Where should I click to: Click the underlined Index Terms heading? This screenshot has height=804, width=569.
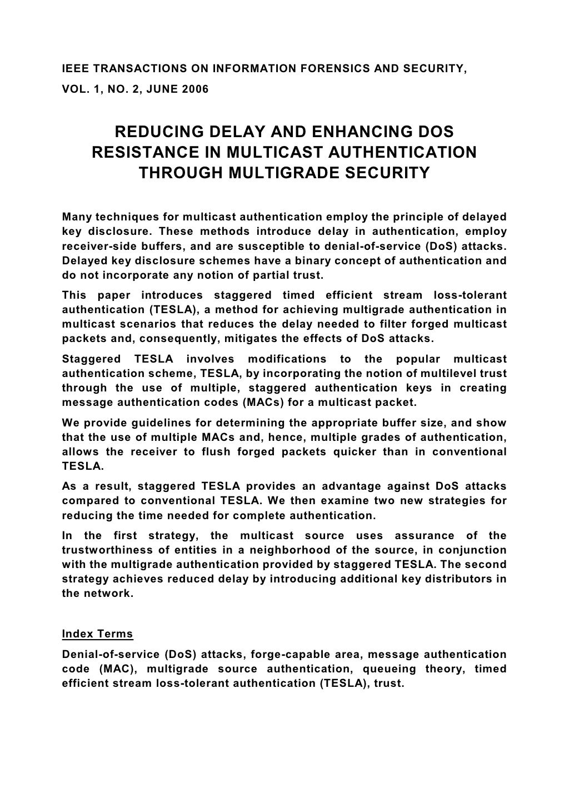(97, 634)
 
